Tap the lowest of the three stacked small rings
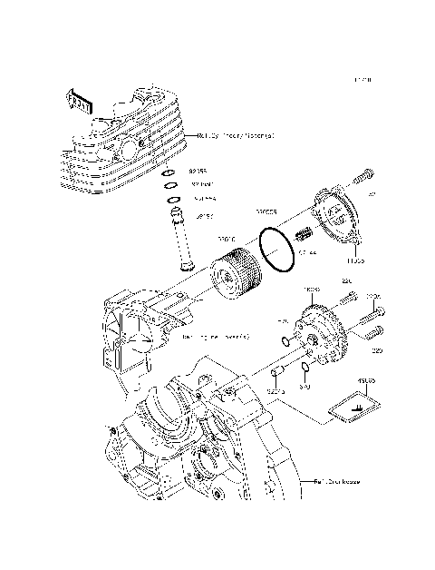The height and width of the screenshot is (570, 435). coord(170,201)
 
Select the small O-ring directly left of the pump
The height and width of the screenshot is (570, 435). coord(286,341)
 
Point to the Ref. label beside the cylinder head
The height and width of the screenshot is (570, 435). coord(235,136)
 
